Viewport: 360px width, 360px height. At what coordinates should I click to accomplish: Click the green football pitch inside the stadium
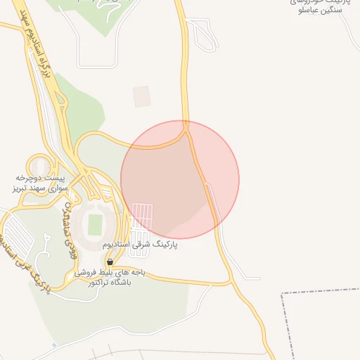[95, 225]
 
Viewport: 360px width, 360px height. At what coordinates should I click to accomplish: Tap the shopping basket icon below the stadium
[109, 262]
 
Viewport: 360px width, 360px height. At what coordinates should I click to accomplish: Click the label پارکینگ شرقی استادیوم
[140, 245]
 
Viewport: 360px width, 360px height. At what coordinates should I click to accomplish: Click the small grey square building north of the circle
[142, 96]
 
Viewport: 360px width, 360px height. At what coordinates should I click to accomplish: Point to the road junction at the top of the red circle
[186, 126]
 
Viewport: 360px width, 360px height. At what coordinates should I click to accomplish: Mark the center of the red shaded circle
[180, 180]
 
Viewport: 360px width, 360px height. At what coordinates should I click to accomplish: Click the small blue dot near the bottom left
[54, 346]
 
